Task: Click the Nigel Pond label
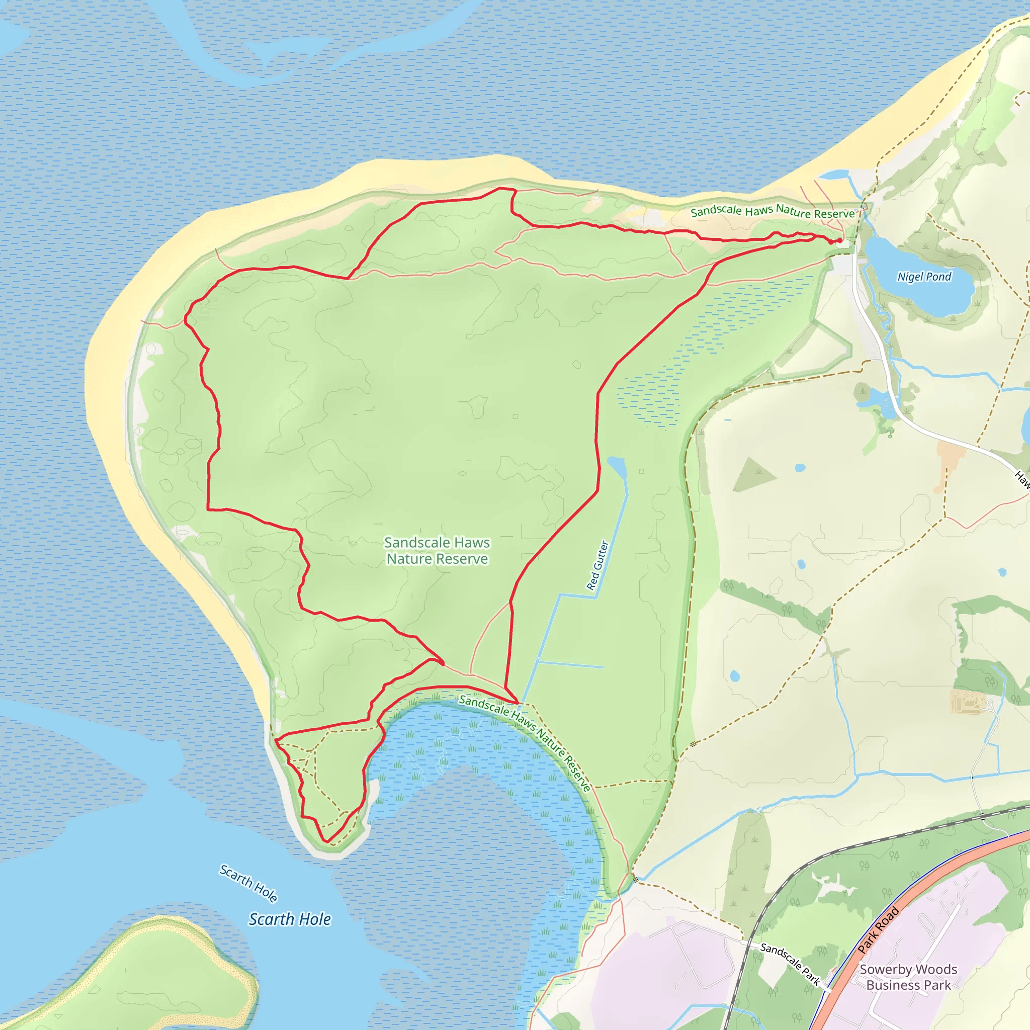coord(924,277)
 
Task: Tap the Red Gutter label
coord(597,565)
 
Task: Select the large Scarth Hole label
coord(290,919)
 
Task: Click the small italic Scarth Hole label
coord(248,883)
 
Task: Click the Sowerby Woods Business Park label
coord(908,977)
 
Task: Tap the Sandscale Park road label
coord(790,963)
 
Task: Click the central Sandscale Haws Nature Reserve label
coord(437,550)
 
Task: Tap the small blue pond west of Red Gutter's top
coord(617,467)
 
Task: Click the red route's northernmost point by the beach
coord(500,188)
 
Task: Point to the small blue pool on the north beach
coord(833,175)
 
